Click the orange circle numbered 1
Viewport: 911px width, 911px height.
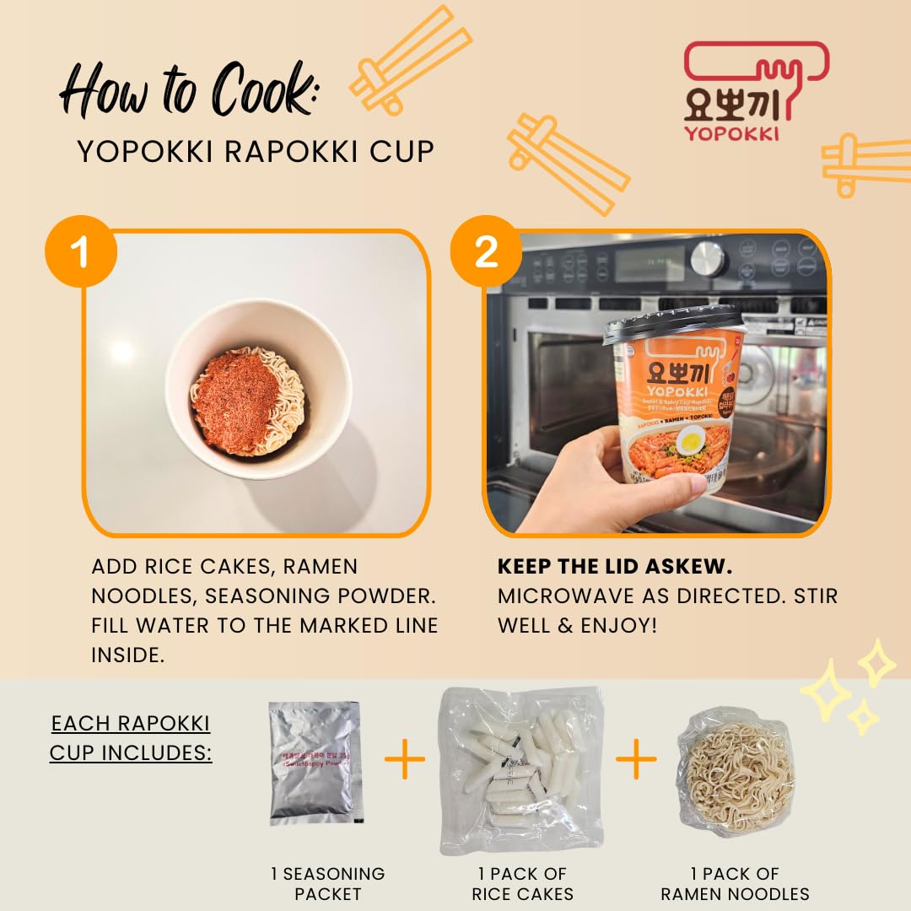tap(82, 252)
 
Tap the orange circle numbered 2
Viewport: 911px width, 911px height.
tap(485, 252)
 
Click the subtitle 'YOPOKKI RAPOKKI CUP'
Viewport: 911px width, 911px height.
tap(256, 152)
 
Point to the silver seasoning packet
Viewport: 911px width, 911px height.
tap(315, 763)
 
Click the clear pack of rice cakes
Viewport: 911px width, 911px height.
tap(520, 768)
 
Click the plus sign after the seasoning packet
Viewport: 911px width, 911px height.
tap(405, 762)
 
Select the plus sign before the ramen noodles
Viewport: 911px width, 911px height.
tap(636, 762)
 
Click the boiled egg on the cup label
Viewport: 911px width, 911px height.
tap(692, 439)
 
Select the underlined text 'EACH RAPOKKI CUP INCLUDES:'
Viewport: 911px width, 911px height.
tap(131, 737)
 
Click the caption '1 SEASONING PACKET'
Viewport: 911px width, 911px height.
tap(327, 883)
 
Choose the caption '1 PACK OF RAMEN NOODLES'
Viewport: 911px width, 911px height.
tap(735, 883)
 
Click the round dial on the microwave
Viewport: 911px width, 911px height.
tap(708, 259)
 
